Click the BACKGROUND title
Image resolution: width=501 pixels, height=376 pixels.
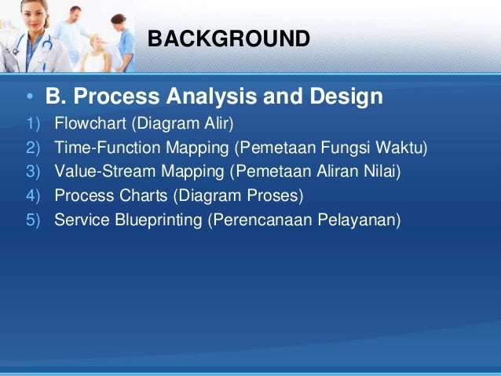[229, 38]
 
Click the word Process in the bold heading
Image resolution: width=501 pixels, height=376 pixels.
[116, 96]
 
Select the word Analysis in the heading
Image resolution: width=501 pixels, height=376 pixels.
[211, 97]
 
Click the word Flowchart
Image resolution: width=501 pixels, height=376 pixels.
[90, 123]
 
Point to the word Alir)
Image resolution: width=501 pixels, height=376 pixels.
[219, 123]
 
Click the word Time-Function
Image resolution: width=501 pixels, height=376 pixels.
[108, 148]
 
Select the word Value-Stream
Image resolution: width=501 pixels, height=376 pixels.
[104, 171]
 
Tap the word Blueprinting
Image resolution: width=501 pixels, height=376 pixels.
[159, 220]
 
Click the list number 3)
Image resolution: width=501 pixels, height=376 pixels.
[33, 172]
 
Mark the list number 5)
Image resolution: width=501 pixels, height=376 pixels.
[33, 220]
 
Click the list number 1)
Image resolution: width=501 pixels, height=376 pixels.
[33, 123]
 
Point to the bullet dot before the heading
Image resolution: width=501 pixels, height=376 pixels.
[30, 96]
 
